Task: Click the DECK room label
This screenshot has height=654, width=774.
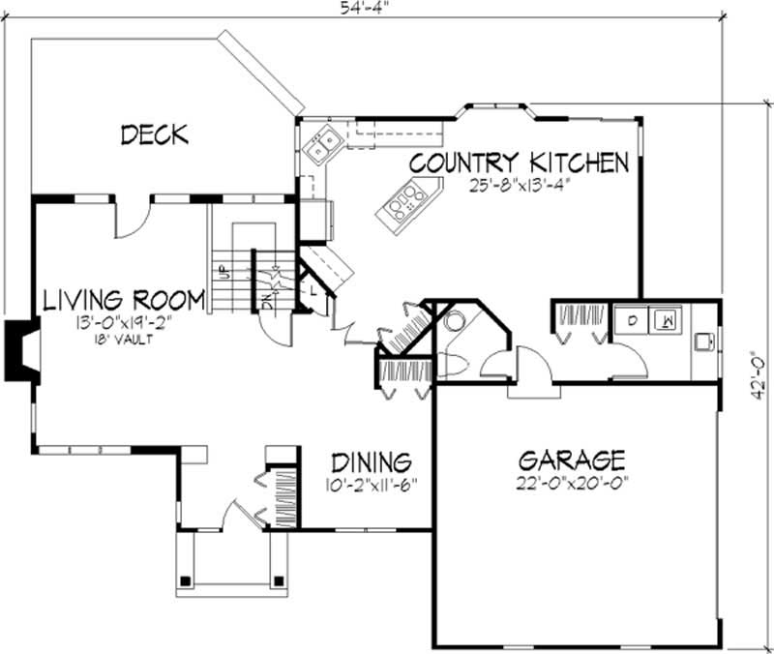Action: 155,134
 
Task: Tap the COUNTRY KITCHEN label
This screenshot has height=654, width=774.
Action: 519,163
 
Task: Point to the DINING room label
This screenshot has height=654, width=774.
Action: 372,461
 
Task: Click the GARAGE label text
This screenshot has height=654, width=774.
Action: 571,460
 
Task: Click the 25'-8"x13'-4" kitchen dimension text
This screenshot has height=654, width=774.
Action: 520,186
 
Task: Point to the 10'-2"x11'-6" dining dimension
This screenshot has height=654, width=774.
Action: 372,484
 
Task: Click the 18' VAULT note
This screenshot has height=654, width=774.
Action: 120,339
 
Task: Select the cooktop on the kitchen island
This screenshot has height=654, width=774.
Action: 406,202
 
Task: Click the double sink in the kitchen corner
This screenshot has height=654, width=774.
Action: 319,144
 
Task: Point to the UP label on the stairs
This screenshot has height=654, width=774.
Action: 221,272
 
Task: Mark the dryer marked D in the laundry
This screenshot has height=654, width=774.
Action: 632,317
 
